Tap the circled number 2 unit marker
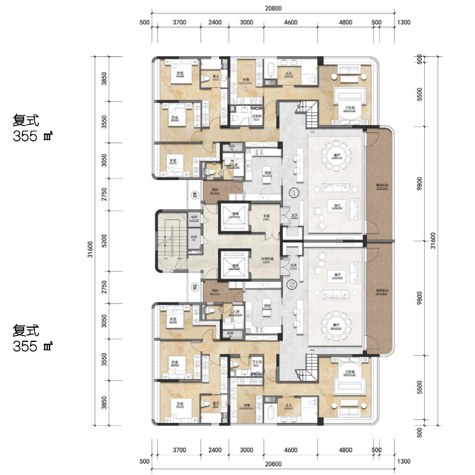pyautogui.click(x=291, y=285)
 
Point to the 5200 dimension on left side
pyautogui.click(x=104, y=241)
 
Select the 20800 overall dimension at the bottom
pyautogui.click(x=272, y=465)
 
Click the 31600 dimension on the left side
pyautogui.click(x=90, y=241)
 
